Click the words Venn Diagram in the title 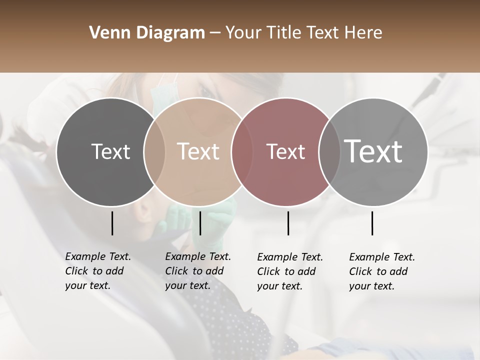[146, 33]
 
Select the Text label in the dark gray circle [110, 151]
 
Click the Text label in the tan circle [198, 151]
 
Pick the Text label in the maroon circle [285, 151]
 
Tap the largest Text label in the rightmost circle [373, 151]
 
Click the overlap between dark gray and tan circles [154, 151]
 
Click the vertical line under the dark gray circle [112, 223]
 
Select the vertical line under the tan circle [200, 223]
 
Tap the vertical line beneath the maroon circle [288, 223]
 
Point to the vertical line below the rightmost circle [372, 223]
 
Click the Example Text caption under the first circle [97, 271]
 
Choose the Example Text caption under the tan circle [197, 271]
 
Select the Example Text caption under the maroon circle [289, 271]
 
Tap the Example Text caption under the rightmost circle [381, 271]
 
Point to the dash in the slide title [215, 33]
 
